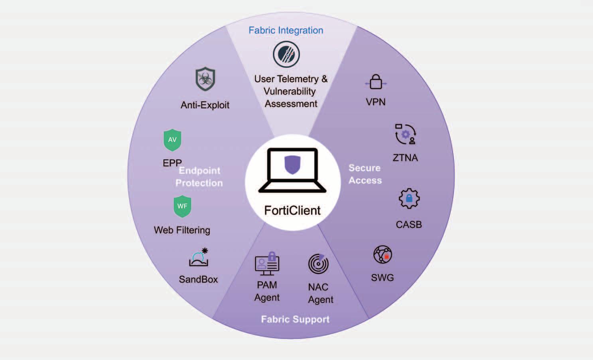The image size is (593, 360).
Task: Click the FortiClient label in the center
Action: coord(292,210)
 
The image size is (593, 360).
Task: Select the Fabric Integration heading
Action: coord(286,30)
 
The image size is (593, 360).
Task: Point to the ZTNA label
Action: coord(405,158)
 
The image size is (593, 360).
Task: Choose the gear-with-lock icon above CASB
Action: coord(409,198)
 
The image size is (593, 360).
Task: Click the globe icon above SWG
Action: coord(382,254)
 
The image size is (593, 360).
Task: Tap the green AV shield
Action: coord(172,140)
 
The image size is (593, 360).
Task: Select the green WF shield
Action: coord(182,206)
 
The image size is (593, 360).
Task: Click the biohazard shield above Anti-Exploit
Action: coord(205,79)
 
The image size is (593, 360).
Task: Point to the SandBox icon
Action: coord(199,258)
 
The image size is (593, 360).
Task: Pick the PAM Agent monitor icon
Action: coord(267,264)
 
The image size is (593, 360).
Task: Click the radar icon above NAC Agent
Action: coord(318,264)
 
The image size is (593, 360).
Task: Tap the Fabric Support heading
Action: coord(295,319)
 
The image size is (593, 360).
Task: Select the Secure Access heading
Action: coord(365,174)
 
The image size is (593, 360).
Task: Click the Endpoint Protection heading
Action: coord(199,177)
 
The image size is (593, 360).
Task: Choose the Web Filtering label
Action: coord(182,230)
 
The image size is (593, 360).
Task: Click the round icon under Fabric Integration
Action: coord(286,55)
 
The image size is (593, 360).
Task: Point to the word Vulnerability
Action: coord(290,91)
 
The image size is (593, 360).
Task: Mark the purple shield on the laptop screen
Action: coord(292,165)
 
